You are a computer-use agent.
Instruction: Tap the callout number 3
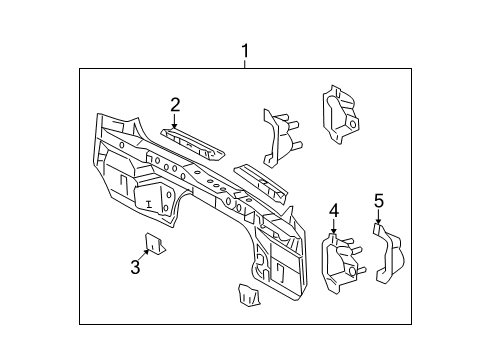(134, 265)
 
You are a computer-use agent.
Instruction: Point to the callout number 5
(379, 203)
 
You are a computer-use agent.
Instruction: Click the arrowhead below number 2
(175, 124)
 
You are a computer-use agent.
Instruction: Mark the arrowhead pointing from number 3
(148, 250)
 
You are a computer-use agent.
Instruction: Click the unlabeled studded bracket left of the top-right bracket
(277, 135)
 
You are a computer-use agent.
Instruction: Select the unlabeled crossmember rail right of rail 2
(265, 180)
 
